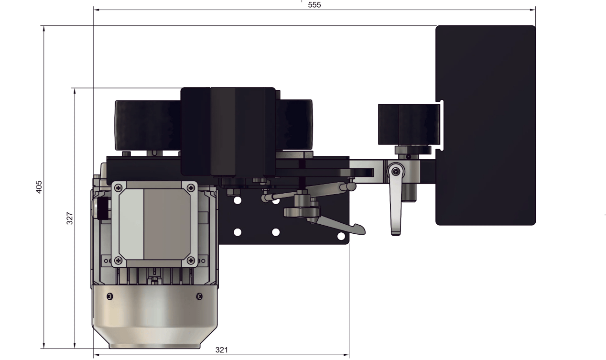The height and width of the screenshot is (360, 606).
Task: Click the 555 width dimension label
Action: pos(314,5)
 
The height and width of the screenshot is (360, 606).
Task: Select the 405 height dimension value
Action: pos(39,187)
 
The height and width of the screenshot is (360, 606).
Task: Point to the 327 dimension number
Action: pos(70,218)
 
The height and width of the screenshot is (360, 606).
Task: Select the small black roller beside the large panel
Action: pos(409,124)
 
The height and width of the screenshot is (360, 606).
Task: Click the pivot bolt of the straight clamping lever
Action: pos(395,171)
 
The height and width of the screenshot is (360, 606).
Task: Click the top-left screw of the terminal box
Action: pos(118,187)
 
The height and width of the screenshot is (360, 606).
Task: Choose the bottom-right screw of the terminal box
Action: pos(191,260)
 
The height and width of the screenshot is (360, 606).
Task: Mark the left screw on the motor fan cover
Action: pos(110,296)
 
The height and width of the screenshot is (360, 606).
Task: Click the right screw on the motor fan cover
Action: pos(199,296)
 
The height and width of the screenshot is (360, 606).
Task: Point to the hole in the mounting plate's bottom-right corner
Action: pos(341,236)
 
